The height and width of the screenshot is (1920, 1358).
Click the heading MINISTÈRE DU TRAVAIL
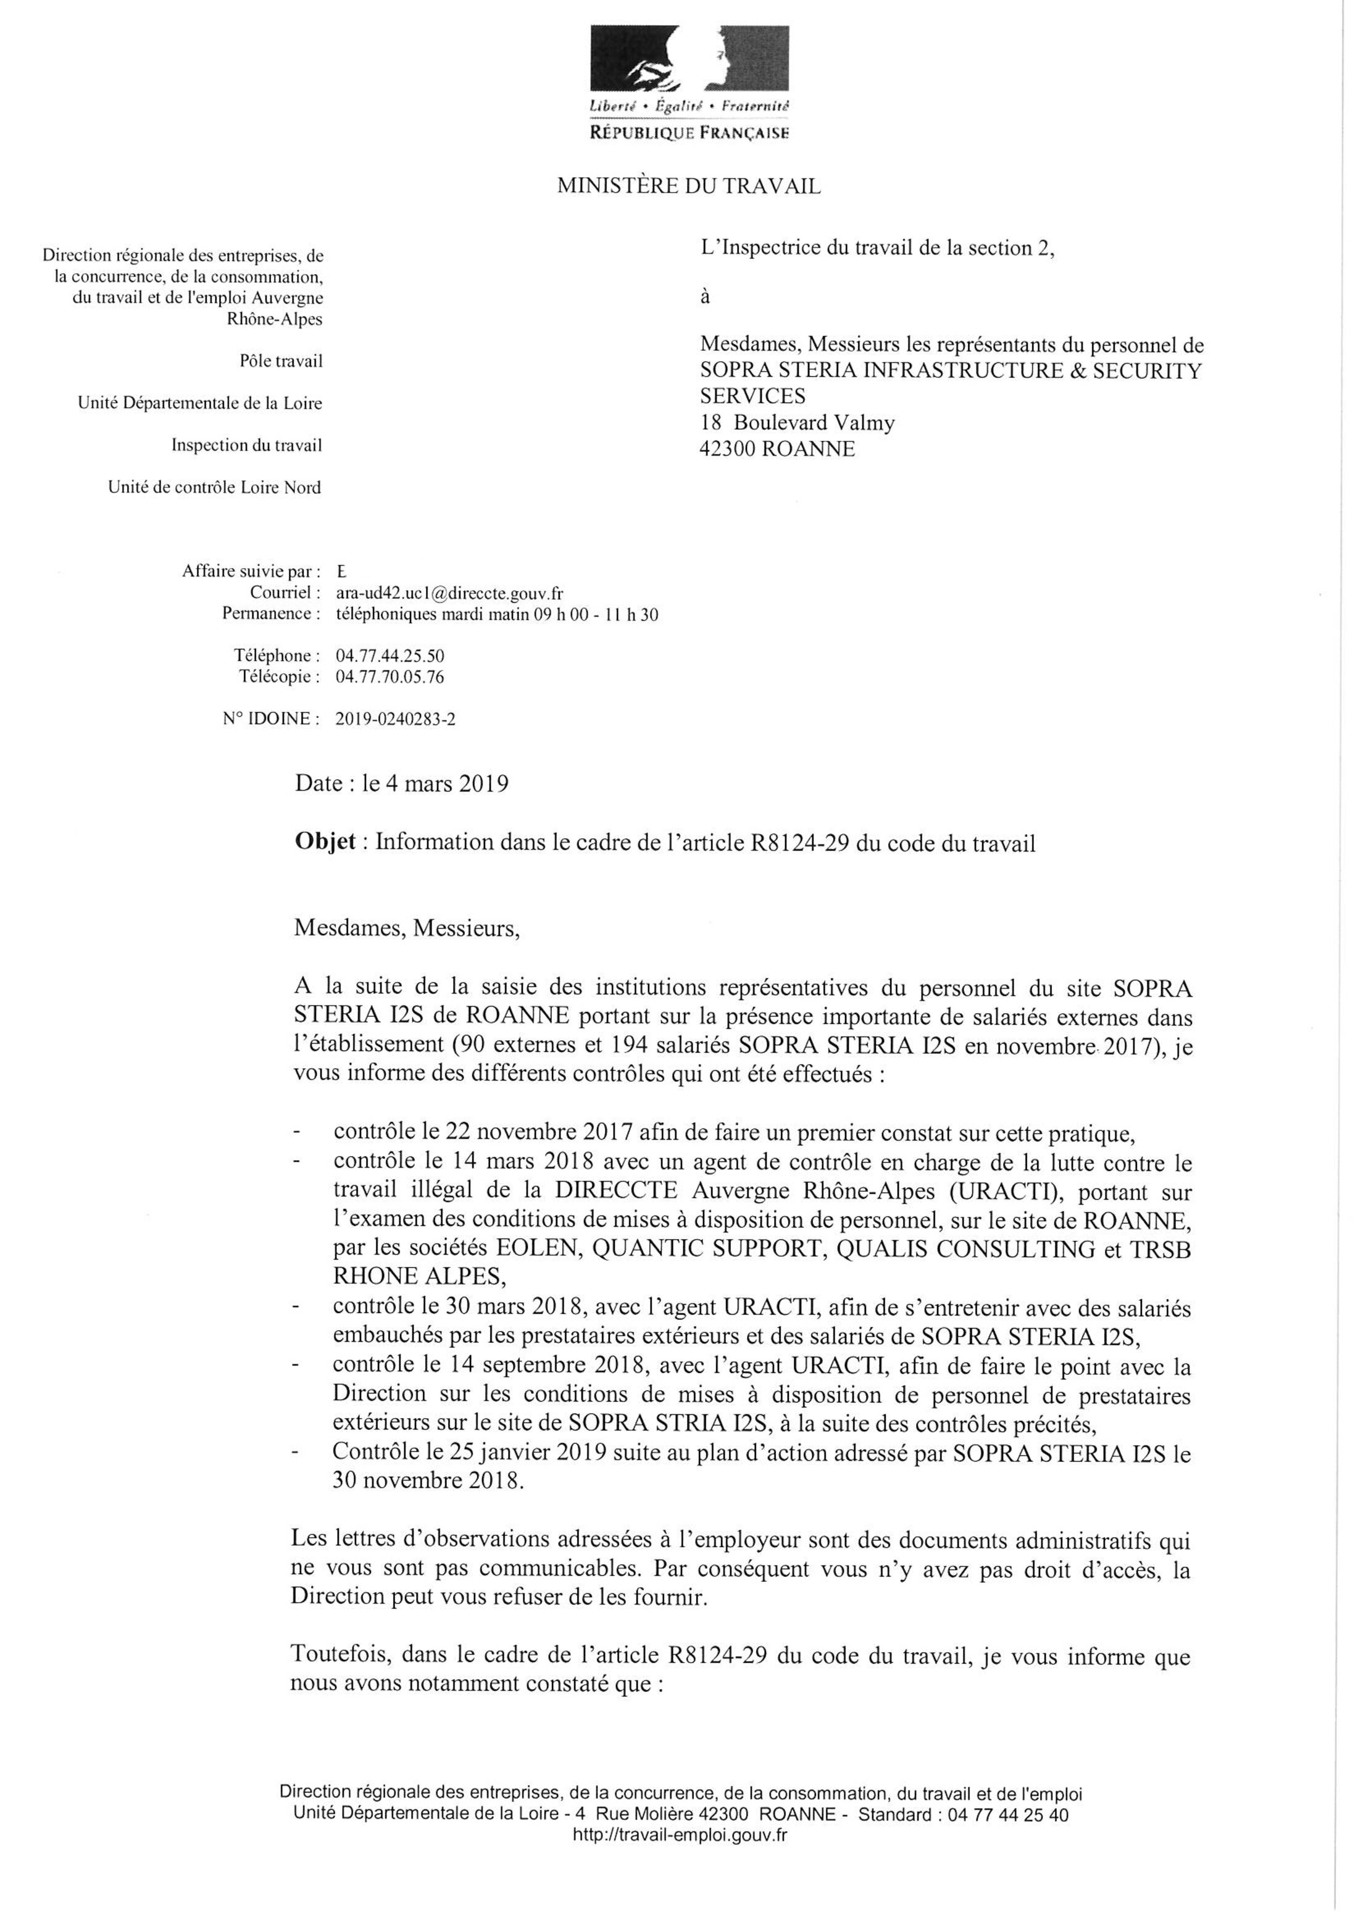(688, 186)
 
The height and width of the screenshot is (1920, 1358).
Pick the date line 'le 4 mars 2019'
(435, 783)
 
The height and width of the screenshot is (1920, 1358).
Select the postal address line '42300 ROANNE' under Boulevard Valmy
(777, 449)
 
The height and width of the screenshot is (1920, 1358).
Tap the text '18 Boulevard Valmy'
(797, 422)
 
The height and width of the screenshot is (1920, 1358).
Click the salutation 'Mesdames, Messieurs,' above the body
(406, 929)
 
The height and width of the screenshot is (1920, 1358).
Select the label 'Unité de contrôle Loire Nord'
(214, 488)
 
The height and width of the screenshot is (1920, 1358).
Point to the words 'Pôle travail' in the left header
(280, 361)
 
